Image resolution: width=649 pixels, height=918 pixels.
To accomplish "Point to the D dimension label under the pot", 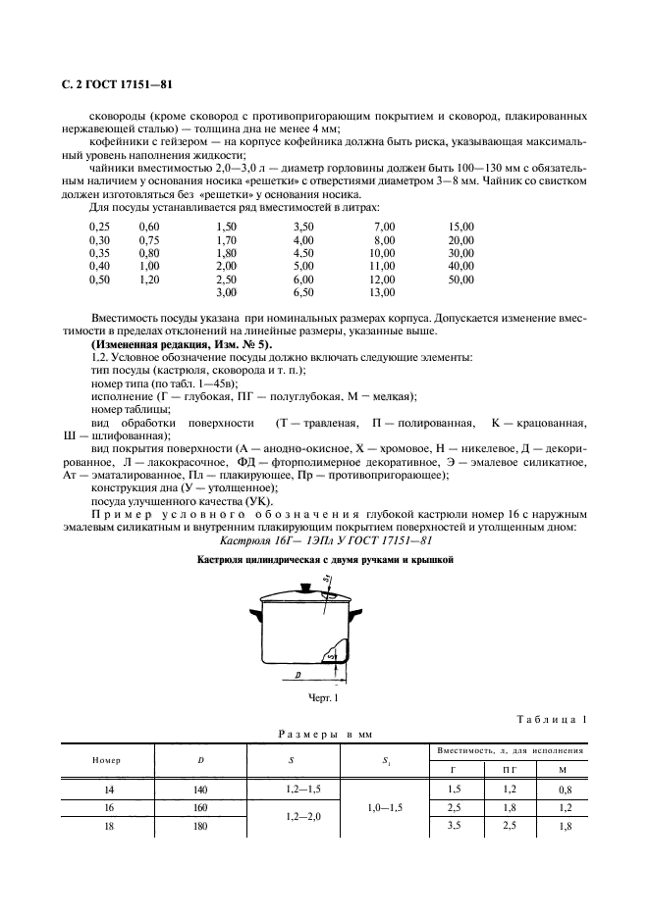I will point(297,675).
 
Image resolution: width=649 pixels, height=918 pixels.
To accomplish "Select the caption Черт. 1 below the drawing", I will point(322,697).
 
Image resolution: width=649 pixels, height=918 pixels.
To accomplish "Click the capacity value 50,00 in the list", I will point(460,280).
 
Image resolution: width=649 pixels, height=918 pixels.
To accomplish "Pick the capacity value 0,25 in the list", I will point(100,226).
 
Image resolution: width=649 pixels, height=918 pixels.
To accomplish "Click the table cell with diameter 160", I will point(201,806).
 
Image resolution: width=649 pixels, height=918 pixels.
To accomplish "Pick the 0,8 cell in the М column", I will point(564,789).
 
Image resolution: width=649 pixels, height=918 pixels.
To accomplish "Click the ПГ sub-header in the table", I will point(507,770).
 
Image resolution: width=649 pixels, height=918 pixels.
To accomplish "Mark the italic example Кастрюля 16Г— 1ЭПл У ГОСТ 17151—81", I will point(323,540).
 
